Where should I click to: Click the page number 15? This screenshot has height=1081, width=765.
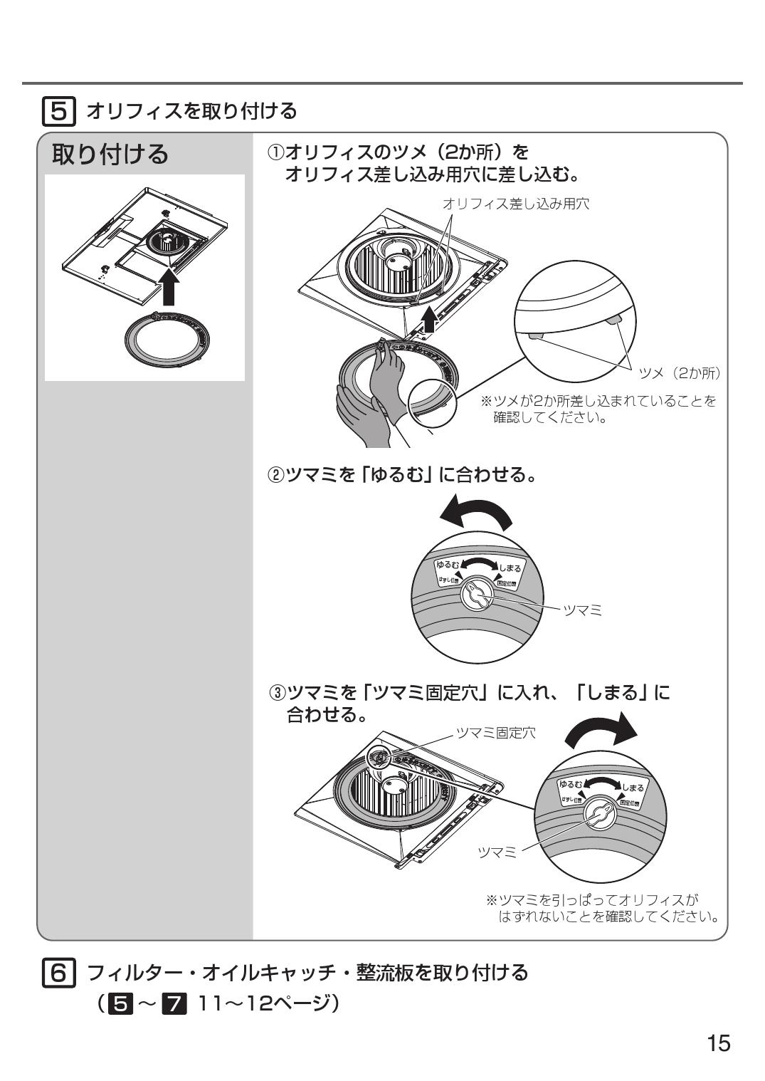pyautogui.click(x=718, y=1043)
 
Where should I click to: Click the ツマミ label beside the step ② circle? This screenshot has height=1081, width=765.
pyautogui.click(x=582, y=610)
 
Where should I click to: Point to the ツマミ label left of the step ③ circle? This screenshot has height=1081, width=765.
pyautogui.click(x=497, y=853)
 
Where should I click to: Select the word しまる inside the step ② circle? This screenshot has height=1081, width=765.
pyautogui.click(x=510, y=568)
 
